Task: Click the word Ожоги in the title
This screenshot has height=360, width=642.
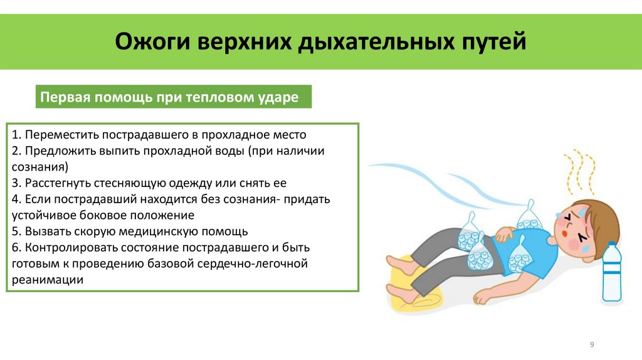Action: (x=153, y=43)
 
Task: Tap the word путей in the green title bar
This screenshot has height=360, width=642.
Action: (x=492, y=43)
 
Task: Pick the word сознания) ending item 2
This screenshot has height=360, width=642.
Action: (x=39, y=167)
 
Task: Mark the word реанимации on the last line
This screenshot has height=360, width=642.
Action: (x=47, y=280)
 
